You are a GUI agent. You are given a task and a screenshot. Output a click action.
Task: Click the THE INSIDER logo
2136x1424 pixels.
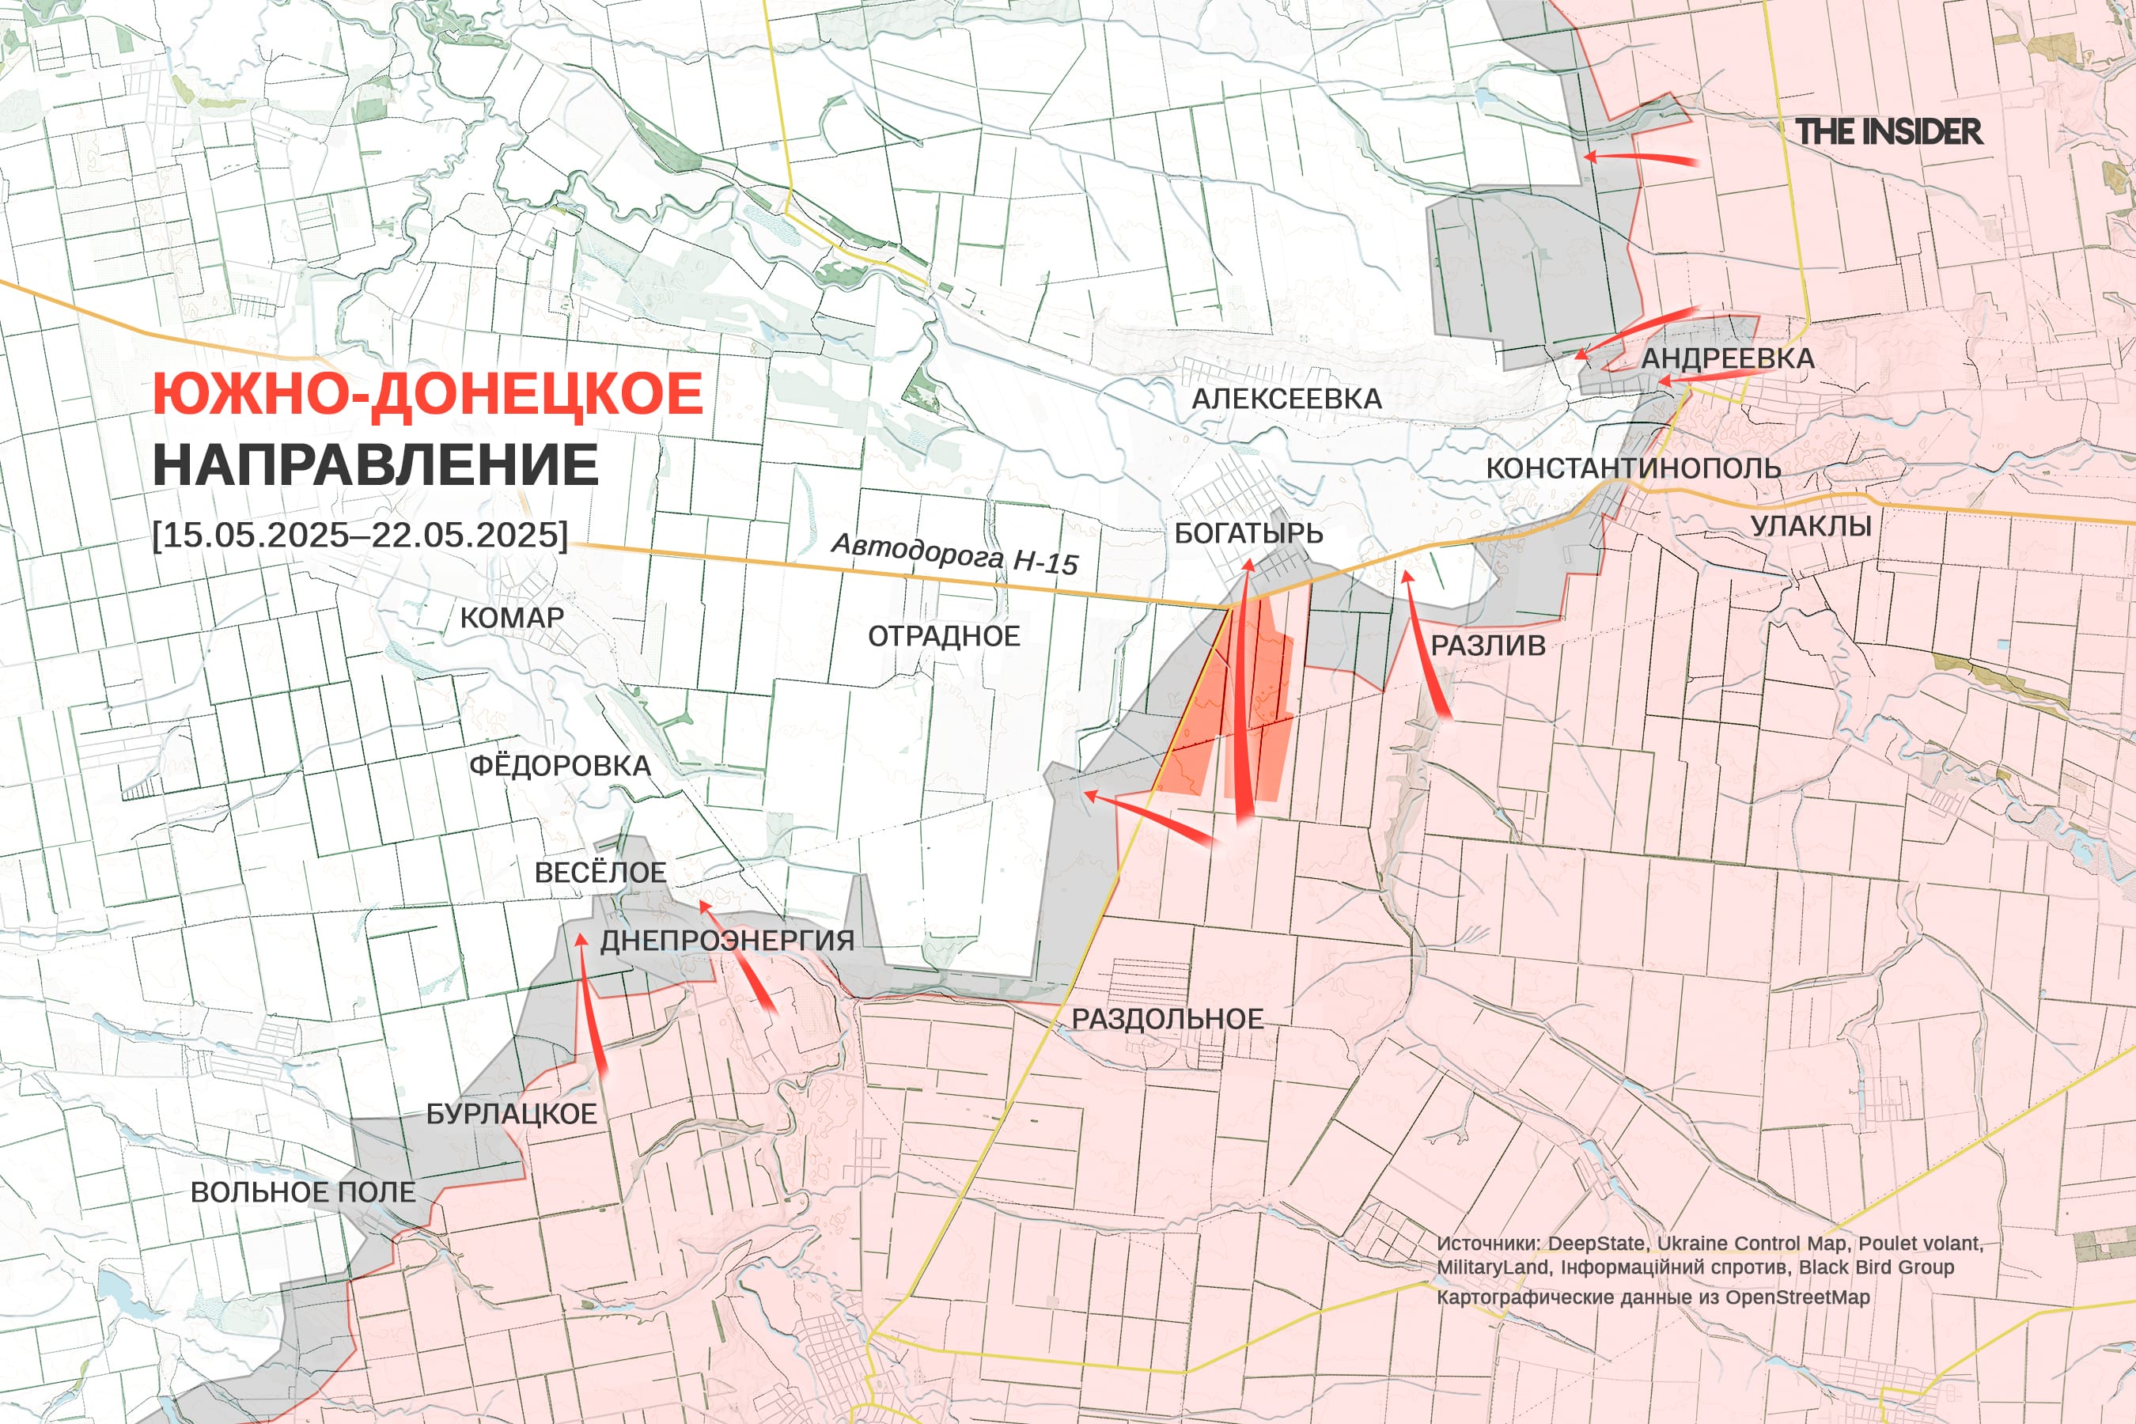point(1888,131)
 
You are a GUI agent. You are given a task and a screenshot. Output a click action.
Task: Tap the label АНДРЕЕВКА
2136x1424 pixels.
point(1727,358)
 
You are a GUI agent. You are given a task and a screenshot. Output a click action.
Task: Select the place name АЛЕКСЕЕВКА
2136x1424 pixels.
point(1287,398)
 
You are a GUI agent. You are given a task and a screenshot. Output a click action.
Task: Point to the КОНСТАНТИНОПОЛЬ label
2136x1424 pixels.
point(1633,468)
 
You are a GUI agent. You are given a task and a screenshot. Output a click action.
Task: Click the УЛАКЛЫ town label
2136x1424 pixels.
point(1811,526)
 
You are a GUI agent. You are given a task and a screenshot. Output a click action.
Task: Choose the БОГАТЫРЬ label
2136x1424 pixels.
point(1248,533)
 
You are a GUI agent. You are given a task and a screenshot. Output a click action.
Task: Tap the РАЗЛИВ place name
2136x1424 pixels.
point(1487,646)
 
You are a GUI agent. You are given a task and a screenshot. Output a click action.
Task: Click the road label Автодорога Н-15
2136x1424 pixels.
point(956,553)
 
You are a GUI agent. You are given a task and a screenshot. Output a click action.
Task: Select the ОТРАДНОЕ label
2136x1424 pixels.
point(944,636)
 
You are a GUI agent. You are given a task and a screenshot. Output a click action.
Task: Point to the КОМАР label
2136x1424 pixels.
point(511,618)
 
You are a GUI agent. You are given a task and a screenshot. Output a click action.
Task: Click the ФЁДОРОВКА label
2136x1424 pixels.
point(559,766)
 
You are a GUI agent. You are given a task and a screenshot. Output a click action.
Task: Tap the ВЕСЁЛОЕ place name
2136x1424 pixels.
point(600,873)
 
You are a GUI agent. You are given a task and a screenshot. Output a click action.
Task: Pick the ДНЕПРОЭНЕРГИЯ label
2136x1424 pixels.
point(726,941)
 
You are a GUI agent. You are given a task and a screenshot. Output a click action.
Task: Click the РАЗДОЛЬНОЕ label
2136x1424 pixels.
point(1167,1019)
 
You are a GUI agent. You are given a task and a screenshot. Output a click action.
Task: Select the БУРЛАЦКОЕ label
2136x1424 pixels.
point(511,1115)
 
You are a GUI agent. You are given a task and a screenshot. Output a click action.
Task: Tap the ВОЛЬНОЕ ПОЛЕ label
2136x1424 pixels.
point(302,1192)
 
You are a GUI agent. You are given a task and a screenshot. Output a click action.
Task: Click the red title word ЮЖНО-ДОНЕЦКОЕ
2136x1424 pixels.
point(427,394)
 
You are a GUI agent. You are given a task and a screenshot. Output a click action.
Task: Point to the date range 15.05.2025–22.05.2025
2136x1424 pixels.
point(361,534)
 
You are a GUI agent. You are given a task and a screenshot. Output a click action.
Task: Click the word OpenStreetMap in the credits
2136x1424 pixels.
point(1797,1297)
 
